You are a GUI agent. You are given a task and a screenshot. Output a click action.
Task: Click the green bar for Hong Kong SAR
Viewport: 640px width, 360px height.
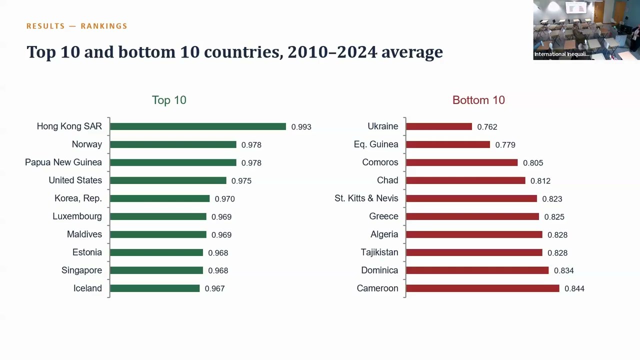(198, 126)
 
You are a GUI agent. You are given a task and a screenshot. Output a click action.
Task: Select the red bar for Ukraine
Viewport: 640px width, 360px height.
(439, 126)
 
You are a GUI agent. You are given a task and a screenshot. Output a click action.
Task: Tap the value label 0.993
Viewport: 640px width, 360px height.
(301, 127)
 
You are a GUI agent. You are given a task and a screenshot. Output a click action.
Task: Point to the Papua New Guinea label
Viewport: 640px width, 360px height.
(63, 162)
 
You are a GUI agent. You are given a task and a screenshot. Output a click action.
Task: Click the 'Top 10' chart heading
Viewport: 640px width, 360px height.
(169, 100)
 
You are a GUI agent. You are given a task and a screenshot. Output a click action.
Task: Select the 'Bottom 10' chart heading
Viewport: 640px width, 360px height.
(478, 100)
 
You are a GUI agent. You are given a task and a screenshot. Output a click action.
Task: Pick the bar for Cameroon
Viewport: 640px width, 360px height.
(483, 288)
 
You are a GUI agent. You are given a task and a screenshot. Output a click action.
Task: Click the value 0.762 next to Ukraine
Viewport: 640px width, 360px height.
(487, 127)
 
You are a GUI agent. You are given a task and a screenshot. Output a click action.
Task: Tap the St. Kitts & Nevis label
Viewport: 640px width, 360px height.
(366, 198)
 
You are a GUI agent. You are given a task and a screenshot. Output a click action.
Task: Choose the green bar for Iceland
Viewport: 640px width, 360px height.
(155, 288)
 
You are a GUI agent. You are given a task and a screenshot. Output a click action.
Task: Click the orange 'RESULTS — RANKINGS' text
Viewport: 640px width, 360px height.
(77, 26)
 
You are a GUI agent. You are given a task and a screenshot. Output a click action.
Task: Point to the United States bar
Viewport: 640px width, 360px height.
(168, 180)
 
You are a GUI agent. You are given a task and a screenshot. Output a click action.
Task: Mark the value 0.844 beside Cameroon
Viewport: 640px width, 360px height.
(574, 288)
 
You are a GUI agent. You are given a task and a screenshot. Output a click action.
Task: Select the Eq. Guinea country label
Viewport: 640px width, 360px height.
(376, 144)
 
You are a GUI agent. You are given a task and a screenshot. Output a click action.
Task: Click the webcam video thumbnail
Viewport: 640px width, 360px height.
(586, 30)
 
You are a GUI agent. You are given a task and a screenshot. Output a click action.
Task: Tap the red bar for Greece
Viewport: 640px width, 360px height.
(472, 216)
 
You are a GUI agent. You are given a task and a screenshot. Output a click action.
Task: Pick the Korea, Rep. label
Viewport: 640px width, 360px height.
(78, 198)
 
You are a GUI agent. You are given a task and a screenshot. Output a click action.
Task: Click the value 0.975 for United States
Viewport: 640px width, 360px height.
(241, 181)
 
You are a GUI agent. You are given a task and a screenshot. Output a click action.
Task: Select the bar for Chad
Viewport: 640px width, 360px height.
(465, 180)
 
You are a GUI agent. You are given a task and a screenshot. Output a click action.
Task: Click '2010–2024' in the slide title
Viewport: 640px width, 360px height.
(332, 52)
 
